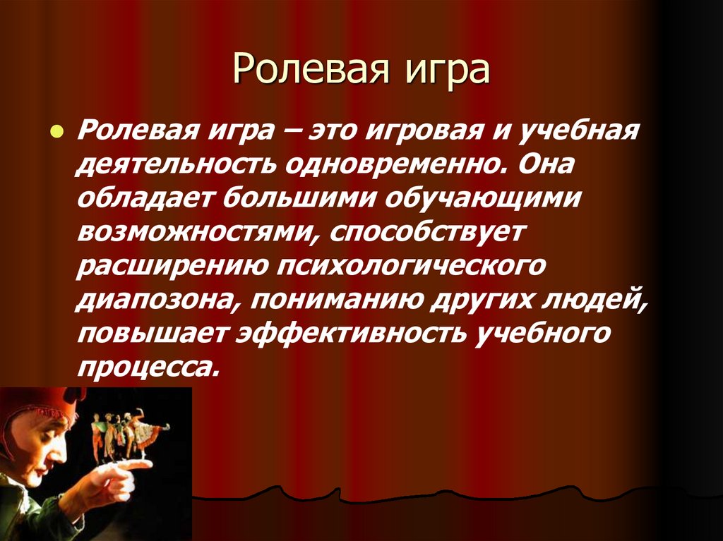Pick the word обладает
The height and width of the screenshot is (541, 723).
[145, 198]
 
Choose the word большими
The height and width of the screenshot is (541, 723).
[301, 198]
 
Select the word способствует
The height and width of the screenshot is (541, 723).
[426, 232]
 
